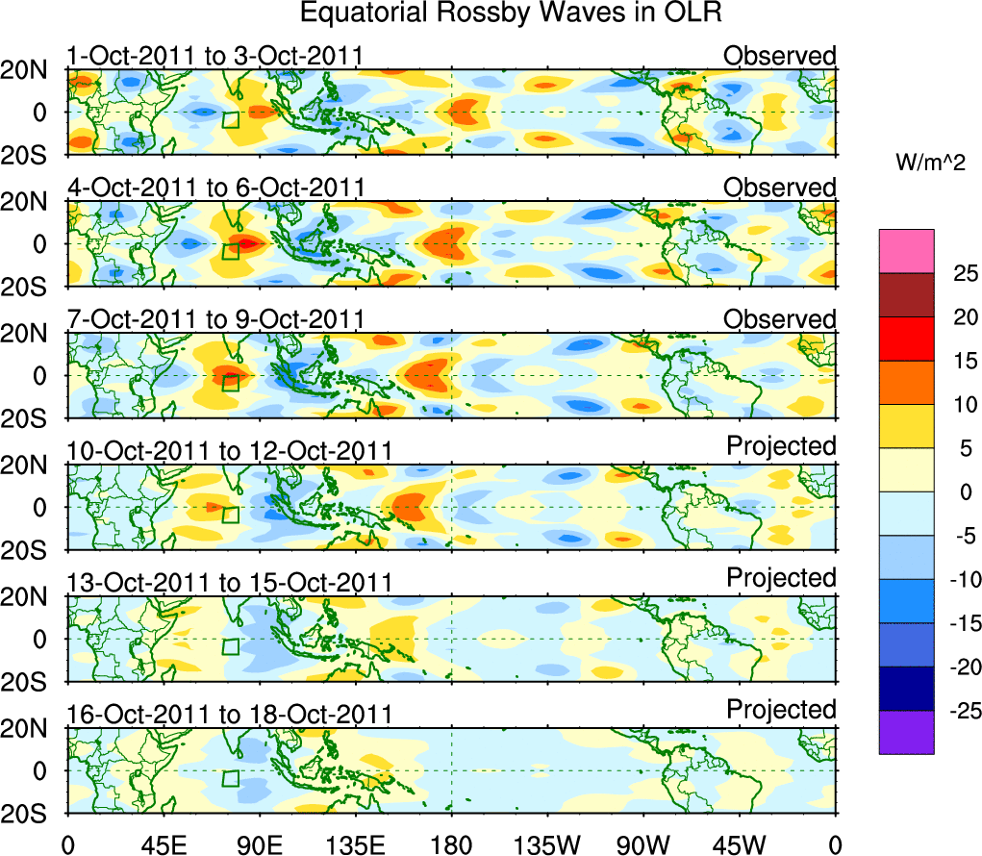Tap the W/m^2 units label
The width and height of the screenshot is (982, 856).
pos(929,164)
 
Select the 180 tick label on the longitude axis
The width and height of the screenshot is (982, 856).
pos(451,845)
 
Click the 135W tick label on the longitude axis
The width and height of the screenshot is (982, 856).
pos(547,845)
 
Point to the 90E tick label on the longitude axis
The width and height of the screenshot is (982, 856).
pos(259,845)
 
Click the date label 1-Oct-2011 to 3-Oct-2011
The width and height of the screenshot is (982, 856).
pos(214,56)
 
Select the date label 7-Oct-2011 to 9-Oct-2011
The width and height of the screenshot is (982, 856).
pos(214,319)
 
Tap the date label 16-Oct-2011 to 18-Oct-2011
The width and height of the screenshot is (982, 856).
pos(229,715)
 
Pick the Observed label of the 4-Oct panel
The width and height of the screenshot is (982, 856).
pos(780,188)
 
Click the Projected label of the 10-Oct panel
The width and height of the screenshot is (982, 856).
pos(781,446)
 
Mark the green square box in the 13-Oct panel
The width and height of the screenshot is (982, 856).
pos(230,646)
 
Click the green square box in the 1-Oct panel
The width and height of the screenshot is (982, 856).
pos(230,119)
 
